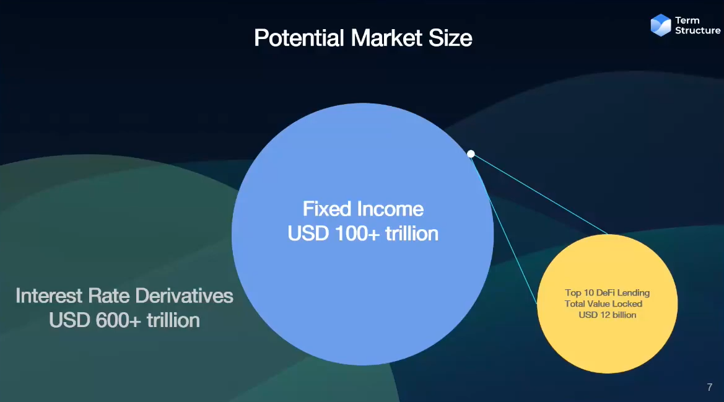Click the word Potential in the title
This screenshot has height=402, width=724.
coord(299,38)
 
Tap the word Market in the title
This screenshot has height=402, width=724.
coord(386,38)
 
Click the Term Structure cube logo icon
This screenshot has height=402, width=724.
coord(661,25)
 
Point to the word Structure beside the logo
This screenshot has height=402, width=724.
coord(698,30)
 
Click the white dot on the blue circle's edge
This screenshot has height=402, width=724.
coord(471,154)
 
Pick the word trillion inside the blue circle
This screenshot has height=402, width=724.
coord(412,234)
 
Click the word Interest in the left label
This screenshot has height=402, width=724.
coord(50,296)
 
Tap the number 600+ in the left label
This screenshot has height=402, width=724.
coord(118,320)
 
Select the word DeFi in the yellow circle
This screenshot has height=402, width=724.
coord(605,292)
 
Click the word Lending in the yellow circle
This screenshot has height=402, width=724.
coord(634,293)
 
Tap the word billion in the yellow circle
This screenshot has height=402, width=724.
coord(624,315)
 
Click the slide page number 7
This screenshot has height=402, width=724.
coord(710,387)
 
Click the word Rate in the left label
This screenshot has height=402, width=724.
coord(110,296)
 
